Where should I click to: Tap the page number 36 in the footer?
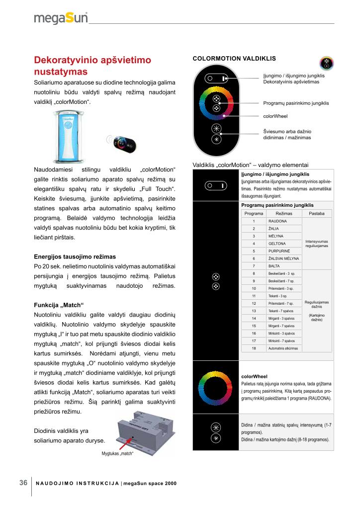coord(23,483)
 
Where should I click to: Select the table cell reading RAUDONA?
coord(277,221)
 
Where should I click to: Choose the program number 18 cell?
coord(254,348)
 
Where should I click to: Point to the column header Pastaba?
coord(316,213)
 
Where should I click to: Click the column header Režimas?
coord(283,213)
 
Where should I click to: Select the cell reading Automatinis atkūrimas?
coord(283,348)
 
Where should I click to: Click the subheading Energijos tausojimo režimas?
coord(75,256)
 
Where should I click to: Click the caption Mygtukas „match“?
coord(118,453)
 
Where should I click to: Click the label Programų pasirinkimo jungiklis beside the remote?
coord(296,103)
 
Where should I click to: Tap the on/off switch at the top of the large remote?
coord(216,79)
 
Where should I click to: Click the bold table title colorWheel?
coord(254,376)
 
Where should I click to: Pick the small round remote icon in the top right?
coord(326,63)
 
